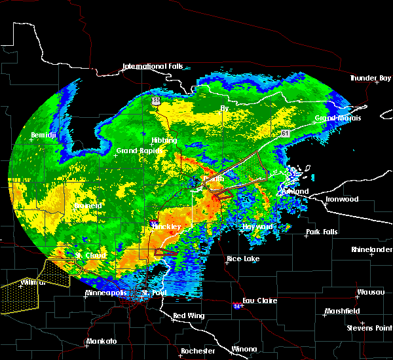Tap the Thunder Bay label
point(371,78)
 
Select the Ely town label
point(225,107)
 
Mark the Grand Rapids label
point(136,151)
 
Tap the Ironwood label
point(343,199)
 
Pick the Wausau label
point(370,292)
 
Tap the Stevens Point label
point(369,327)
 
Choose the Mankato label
point(101,342)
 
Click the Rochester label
point(198,351)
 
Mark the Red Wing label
point(188,316)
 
